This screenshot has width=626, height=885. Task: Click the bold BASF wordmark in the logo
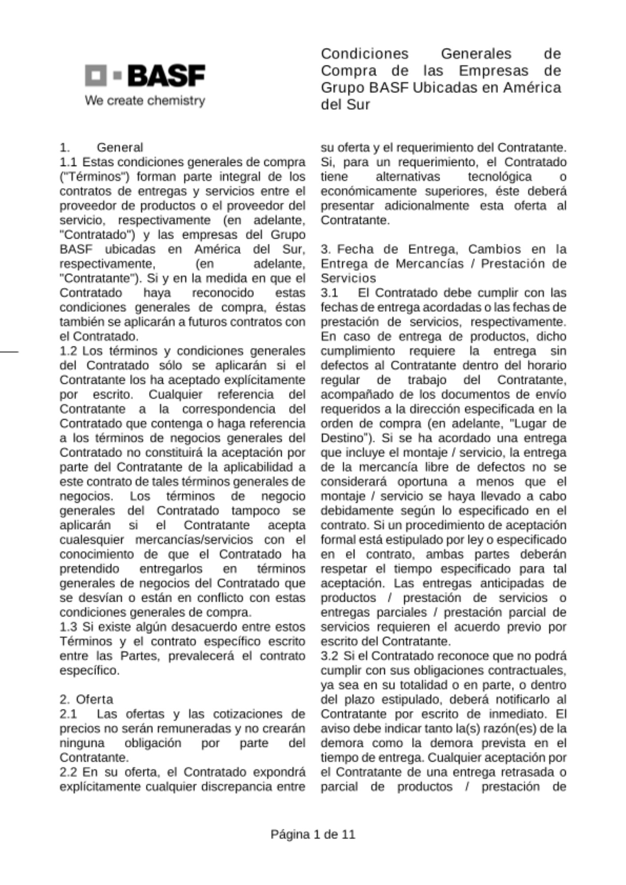point(166,76)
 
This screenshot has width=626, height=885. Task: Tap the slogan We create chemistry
point(145,100)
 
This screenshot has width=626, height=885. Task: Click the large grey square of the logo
point(96,75)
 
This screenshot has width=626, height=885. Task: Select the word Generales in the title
point(476,54)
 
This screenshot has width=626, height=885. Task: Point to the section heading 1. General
point(101,147)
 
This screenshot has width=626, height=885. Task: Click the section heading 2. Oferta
point(86,699)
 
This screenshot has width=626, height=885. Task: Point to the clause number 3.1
point(329,293)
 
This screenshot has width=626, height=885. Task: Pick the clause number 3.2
point(329,656)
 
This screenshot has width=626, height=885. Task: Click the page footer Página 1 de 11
point(313,835)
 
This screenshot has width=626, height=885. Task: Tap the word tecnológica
point(500,177)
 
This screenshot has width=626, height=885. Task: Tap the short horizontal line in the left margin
point(9,352)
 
